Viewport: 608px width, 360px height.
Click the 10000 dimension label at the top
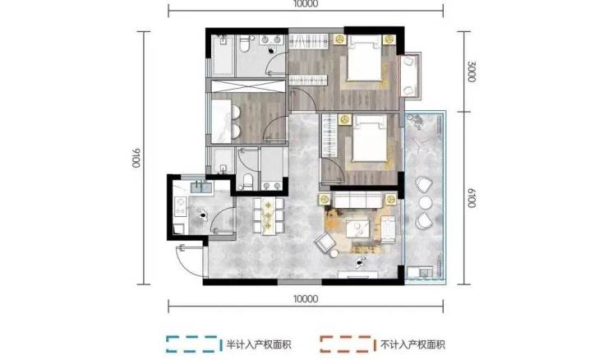(x=306, y=4)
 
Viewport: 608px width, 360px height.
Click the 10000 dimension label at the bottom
(x=306, y=298)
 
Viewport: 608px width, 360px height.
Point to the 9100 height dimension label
(x=136, y=158)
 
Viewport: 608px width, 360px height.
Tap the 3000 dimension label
(x=471, y=72)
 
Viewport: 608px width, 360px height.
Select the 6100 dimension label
(x=471, y=198)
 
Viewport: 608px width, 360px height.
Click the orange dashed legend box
(x=348, y=344)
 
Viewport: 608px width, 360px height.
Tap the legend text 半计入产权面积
(x=259, y=344)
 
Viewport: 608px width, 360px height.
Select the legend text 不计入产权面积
(x=412, y=344)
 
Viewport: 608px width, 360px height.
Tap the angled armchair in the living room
(x=325, y=242)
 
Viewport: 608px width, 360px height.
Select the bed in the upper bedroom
(x=364, y=59)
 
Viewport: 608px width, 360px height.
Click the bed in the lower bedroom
(x=370, y=139)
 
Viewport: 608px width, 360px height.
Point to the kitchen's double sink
(x=201, y=187)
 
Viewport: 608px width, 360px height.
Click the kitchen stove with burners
(x=181, y=206)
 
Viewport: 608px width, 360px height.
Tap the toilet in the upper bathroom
(x=245, y=44)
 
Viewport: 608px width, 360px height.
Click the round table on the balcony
(x=425, y=202)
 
